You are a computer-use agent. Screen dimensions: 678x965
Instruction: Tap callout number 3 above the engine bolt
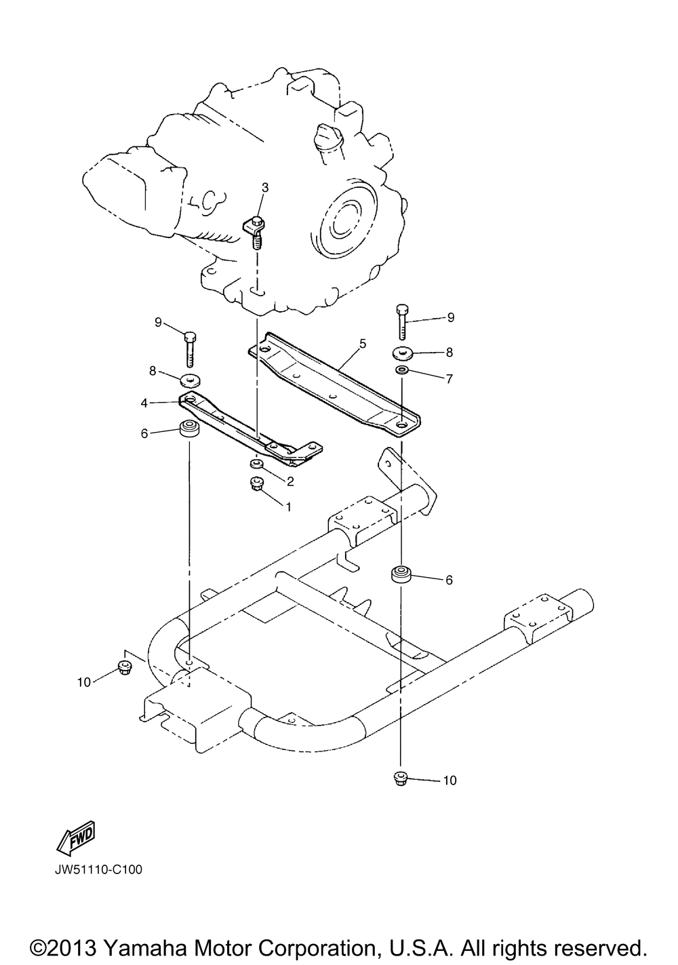[x=265, y=187]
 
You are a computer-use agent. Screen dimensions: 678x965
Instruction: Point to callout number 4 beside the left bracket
[x=144, y=403]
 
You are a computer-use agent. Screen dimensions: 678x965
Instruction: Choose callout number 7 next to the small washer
[x=450, y=378]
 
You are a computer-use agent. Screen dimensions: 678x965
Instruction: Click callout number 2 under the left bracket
[x=290, y=481]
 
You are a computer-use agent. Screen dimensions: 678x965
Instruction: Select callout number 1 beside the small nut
[x=288, y=507]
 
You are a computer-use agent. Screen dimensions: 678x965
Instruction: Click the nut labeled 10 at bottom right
[x=401, y=779]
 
